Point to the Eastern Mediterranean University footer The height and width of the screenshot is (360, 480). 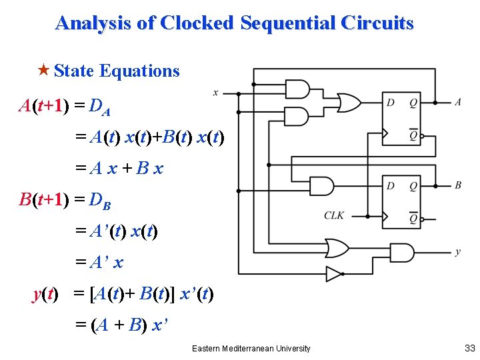[x=251, y=348]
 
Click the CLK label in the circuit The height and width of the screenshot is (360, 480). [x=335, y=215]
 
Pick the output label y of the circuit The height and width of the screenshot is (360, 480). [x=457, y=252]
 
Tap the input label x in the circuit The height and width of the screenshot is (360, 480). [x=215, y=92]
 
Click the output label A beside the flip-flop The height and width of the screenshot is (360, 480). [x=457, y=102]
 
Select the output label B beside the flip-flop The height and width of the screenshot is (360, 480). [x=457, y=185]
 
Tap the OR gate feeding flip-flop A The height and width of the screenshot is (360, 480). [x=349, y=103]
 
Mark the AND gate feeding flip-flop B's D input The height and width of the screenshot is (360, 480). [x=323, y=185]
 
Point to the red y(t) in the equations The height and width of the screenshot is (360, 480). [x=46, y=294]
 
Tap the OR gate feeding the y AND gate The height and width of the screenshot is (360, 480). [x=335, y=248]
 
